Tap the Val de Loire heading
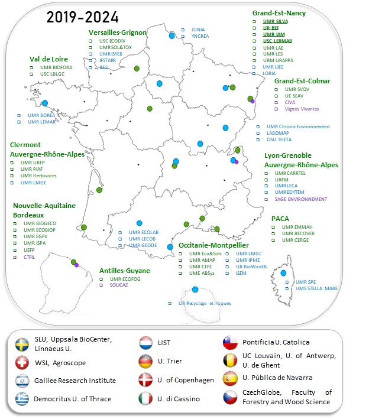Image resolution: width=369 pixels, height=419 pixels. tap(48, 59)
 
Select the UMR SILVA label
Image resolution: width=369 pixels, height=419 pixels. tap(276, 21)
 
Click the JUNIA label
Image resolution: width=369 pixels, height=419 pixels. tap(198, 29)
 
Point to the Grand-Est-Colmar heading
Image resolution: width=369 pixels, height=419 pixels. tap(302, 81)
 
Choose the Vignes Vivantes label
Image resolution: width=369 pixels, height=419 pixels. tap(302, 109)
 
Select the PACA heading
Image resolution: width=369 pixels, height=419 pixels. tap(280, 219)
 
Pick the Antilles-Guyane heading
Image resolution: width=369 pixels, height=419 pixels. tap(124, 271)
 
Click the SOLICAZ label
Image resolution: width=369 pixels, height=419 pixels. tap(119, 285)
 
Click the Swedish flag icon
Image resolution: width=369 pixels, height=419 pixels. tap(22, 344)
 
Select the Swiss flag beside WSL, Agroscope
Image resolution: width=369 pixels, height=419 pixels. tap(22, 362)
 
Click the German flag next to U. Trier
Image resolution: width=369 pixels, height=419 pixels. tap(145, 361)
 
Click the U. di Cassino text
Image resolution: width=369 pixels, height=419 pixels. tap(178, 398)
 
